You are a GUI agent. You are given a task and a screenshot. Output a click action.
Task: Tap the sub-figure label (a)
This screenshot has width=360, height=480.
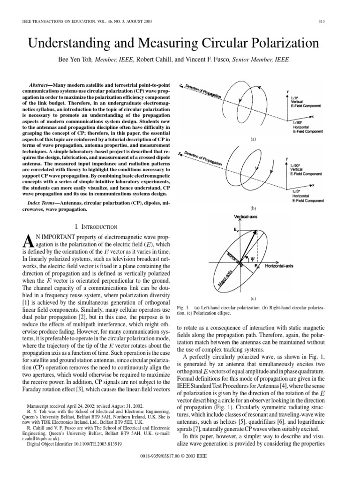coord(253,140)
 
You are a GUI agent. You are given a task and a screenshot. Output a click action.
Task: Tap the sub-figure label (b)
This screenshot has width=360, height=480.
coord(253,208)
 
